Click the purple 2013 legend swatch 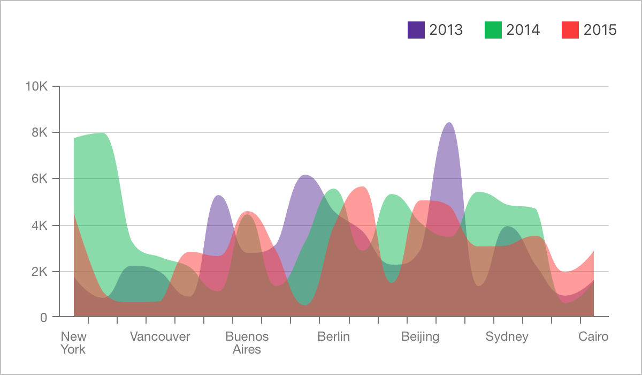(416, 30)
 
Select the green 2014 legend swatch (493, 30)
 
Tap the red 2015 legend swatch (570, 30)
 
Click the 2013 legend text (446, 30)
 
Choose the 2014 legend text (523, 30)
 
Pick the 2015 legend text (600, 30)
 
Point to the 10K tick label (36, 86)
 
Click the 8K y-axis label (40, 132)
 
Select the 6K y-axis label (40, 178)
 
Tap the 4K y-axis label (40, 225)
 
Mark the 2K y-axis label (40, 271)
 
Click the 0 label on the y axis (43, 317)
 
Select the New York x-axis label (73, 343)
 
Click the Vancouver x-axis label (160, 337)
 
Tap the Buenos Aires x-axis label (247, 343)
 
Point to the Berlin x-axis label (333, 337)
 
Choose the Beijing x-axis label (420, 337)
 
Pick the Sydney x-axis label (507, 337)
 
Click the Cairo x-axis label (593, 337)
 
